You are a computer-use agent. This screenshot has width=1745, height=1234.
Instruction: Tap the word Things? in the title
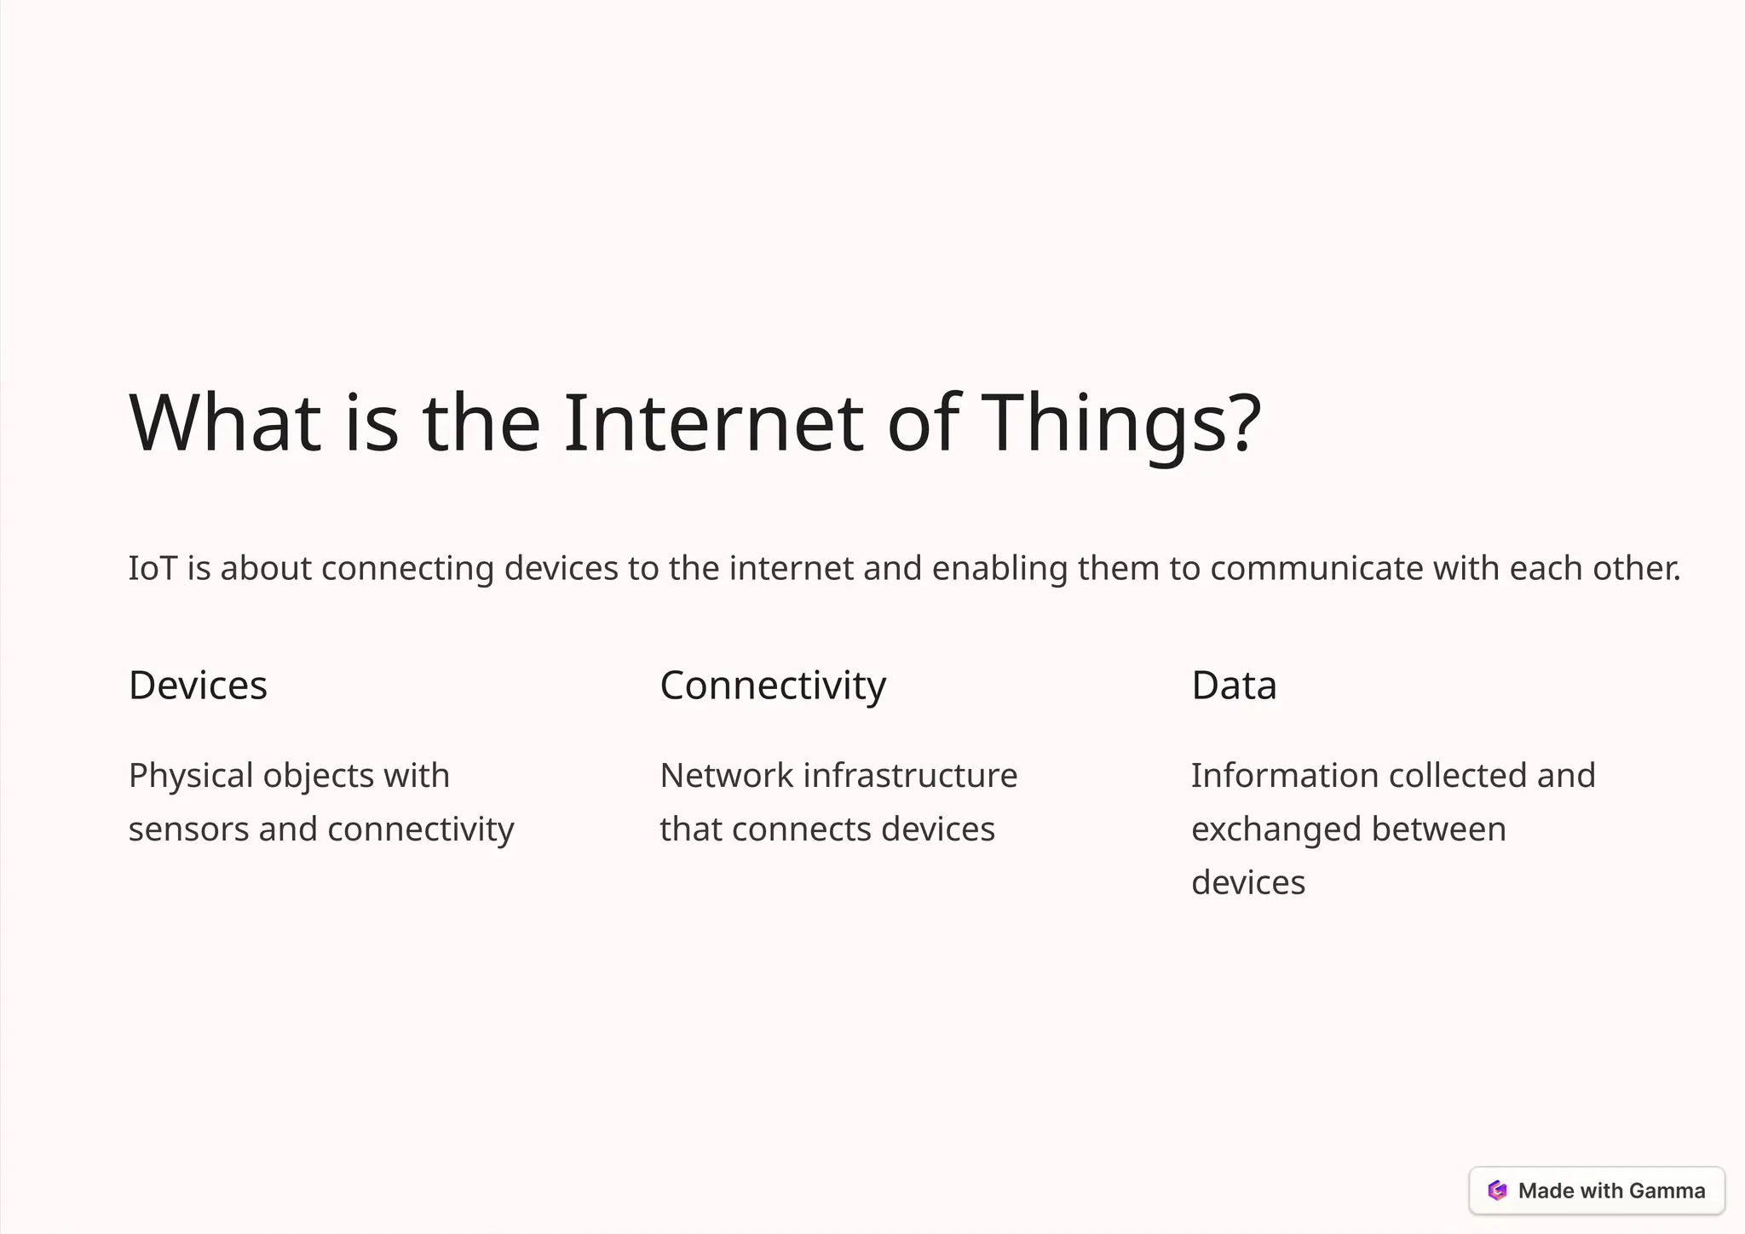click(x=1121, y=422)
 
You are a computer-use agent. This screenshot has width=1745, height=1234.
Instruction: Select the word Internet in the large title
click(x=714, y=422)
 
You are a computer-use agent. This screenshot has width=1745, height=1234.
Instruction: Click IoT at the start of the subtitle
click(x=153, y=568)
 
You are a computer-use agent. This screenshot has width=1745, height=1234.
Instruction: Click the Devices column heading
click(x=198, y=686)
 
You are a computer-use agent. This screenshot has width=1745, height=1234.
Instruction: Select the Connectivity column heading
click(x=773, y=686)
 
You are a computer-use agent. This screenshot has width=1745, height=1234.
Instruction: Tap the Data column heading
click(x=1234, y=686)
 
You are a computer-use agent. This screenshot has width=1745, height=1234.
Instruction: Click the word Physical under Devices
click(x=191, y=776)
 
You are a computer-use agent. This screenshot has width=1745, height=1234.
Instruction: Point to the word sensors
click(x=188, y=829)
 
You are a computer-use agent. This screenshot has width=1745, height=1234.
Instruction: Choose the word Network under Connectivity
click(x=727, y=776)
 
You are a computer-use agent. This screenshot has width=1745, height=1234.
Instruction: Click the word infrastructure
click(x=910, y=776)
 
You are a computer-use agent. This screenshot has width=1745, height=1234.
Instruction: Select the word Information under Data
click(x=1284, y=776)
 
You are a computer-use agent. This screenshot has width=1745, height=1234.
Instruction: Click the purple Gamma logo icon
click(x=1497, y=1191)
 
